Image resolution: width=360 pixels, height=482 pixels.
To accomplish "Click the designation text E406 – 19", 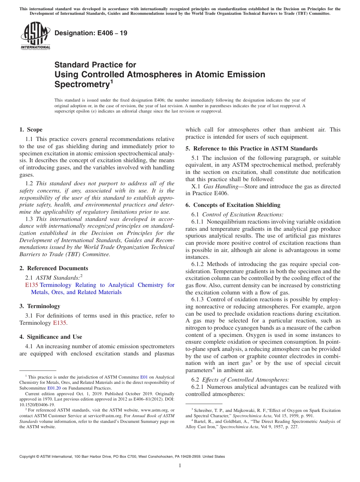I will pyautogui.click(x=91, y=33).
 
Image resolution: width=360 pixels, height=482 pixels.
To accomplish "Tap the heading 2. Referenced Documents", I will pyautogui.click(x=53, y=268).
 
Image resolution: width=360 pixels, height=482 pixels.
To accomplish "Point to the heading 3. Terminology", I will pyautogui.click(x=39, y=306).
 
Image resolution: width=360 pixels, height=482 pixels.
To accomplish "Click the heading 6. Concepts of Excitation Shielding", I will pyautogui.click(x=233, y=205).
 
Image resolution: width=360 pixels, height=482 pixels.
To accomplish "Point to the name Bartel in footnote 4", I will pyautogui.click(x=200, y=421).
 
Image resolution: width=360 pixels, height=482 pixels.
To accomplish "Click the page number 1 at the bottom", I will pyautogui.click(x=180, y=466).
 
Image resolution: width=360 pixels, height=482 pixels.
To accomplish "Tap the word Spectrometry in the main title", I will pyautogui.click(x=81, y=84).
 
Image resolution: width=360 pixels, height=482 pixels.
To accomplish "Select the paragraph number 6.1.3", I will pyautogui.click(x=199, y=299).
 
